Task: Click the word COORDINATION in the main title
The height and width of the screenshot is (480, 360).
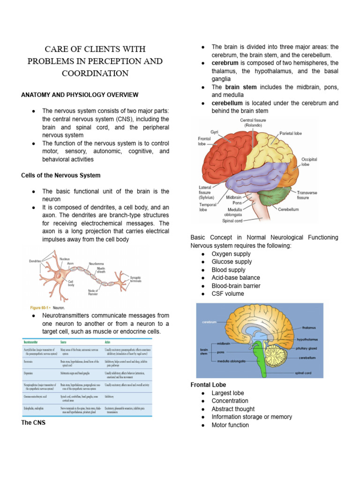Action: pos(95,74)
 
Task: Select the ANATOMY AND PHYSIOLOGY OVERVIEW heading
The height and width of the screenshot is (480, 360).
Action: pos(80,95)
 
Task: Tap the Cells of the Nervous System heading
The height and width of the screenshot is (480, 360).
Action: pos(60,175)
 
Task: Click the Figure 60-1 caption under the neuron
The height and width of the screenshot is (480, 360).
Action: pos(47,308)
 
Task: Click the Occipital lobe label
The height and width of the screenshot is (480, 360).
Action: pos(308,162)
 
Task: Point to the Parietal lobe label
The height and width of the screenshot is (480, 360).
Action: pos(291,134)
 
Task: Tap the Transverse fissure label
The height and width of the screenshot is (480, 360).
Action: pos(309,195)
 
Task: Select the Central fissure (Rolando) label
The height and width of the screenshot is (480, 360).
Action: pos(253,123)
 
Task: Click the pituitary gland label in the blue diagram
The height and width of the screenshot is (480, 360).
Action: pos(307,348)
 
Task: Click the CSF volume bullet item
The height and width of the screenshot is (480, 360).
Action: pos(227,294)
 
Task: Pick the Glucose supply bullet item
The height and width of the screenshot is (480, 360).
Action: pos(232,262)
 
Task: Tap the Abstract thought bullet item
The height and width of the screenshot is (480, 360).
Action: pos(233,409)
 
